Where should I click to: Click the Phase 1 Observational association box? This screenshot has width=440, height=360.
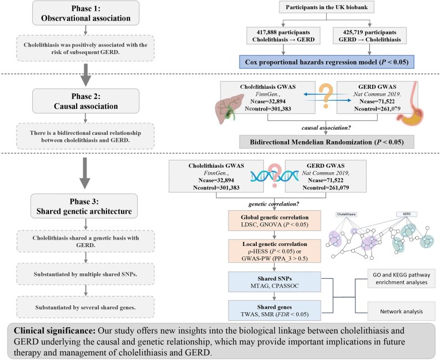coord(86,13)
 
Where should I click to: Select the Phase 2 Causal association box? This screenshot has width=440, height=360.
coord(86,101)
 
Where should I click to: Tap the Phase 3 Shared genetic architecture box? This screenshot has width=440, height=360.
coord(84,206)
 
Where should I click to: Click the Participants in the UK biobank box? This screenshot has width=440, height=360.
coord(327,7)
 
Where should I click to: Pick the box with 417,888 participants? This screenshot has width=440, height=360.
coord(283,36)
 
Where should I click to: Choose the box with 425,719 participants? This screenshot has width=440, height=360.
coord(370,36)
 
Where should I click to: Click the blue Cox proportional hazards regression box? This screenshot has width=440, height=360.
coord(327,62)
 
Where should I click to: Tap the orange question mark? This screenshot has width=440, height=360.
coord(326,96)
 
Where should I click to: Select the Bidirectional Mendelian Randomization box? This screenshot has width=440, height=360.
coord(327,142)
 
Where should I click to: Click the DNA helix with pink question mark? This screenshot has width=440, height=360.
coord(275,176)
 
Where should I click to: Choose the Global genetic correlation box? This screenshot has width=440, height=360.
coord(275,221)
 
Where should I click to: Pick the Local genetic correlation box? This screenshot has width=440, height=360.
coord(275,251)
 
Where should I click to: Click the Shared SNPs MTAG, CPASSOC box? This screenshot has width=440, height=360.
coord(275,282)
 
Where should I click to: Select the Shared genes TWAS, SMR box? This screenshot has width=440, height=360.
coord(275,310)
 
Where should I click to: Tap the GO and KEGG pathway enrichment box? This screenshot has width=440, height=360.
coord(401,278)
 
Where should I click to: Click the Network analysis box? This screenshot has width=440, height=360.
coord(401,311)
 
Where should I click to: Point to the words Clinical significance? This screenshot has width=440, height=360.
coord(55,331)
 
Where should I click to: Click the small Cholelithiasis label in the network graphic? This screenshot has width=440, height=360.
coord(347,214)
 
